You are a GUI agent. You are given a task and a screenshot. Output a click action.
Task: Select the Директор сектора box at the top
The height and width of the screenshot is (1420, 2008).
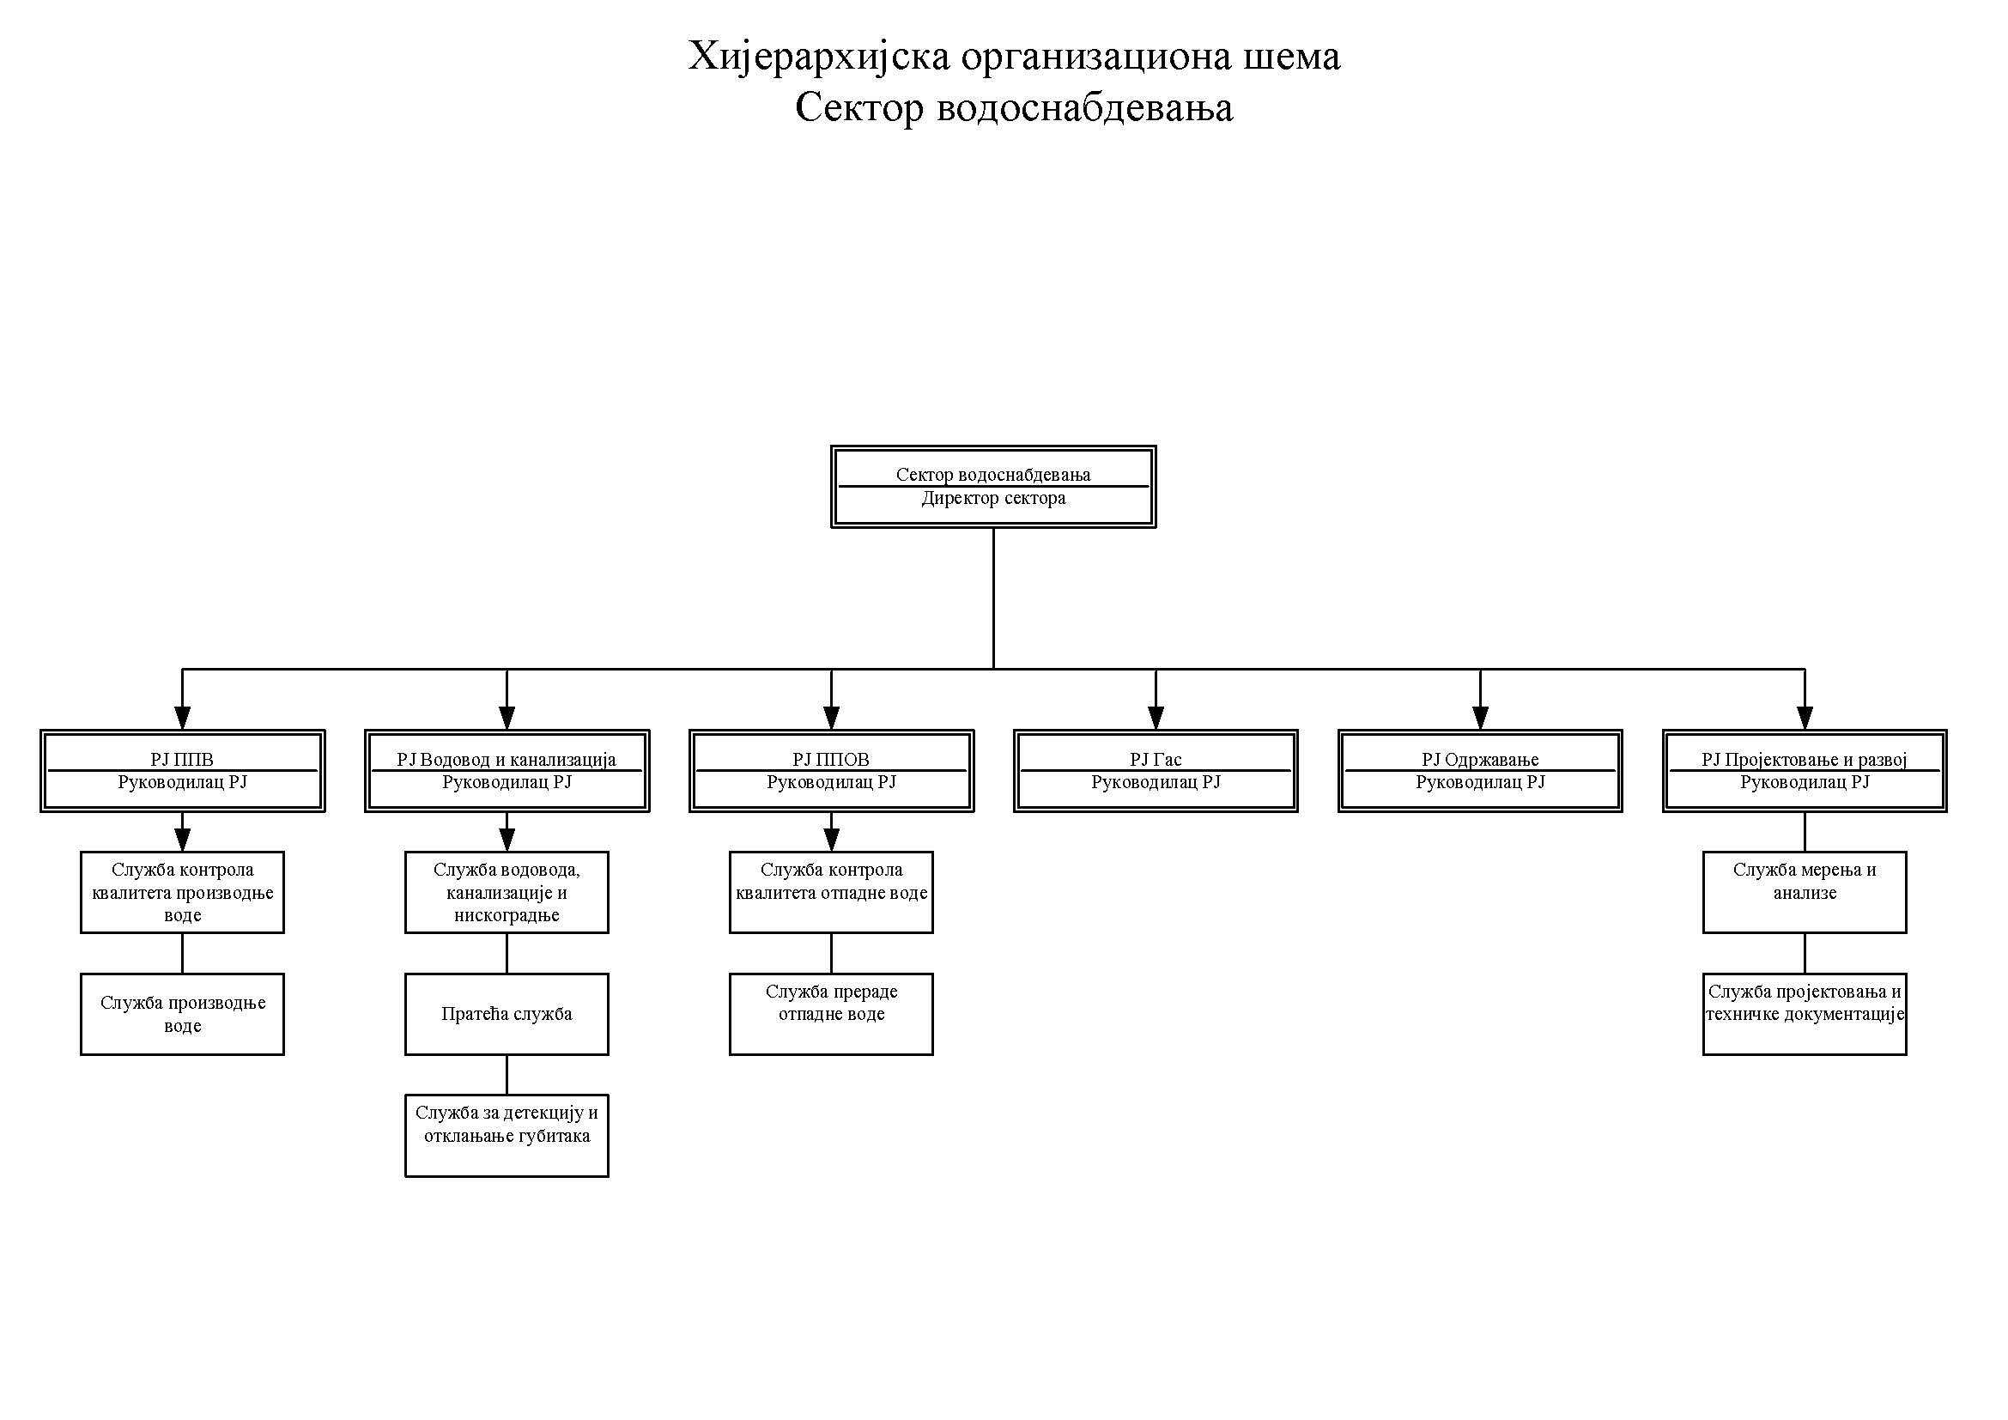[x=992, y=487]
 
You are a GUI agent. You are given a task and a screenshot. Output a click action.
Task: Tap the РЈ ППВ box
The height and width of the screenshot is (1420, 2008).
[x=182, y=771]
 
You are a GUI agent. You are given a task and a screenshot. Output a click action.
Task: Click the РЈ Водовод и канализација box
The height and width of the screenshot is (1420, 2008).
[x=507, y=771]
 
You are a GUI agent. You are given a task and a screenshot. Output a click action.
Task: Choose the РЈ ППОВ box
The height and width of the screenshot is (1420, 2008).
[x=831, y=771]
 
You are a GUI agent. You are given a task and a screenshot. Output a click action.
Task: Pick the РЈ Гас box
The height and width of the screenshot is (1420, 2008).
[x=1156, y=771]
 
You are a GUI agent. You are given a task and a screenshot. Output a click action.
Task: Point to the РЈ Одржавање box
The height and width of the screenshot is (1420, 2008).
[x=1480, y=771]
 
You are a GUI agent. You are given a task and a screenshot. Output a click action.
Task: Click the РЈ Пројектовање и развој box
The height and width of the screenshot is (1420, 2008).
[x=1805, y=771]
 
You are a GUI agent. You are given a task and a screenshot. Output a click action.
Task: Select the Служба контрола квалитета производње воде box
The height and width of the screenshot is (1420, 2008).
[x=182, y=892]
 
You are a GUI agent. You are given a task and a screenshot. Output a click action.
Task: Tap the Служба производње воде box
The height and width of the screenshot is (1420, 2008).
[x=182, y=1013]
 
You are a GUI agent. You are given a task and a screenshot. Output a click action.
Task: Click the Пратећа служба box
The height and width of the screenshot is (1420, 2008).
[x=507, y=1013]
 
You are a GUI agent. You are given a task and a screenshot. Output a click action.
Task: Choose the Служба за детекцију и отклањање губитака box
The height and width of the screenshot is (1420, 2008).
[x=507, y=1135]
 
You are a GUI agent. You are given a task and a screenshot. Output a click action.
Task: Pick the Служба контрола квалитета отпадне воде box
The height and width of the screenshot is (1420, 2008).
[x=831, y=892]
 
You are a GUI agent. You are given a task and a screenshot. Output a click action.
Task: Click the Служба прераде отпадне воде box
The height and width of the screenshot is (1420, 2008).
[x=831, y=1013]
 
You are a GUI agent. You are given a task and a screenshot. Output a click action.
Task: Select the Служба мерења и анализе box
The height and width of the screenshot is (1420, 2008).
[x=1805, y=892]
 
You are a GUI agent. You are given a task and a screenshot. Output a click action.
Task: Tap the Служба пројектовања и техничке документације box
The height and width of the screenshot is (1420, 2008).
[x=1805, y=1013]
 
